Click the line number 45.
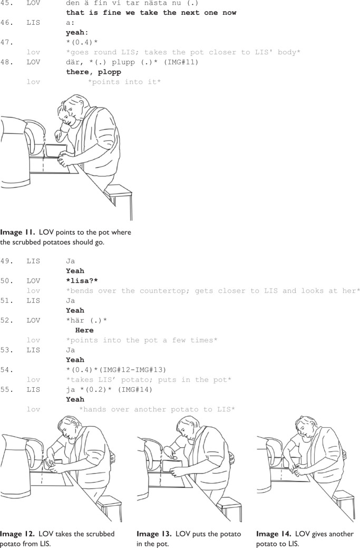coord(6,3)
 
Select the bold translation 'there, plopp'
coord(94,72)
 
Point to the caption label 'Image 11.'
coord(17,233)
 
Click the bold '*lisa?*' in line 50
coord(82,281)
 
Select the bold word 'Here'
coord(84,330)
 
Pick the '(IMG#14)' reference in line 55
coord(135,389)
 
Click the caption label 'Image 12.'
coord(17,534)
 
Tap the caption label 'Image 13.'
coord(154,534)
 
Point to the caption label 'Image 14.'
coord(274,534)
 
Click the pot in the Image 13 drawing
coord(172,468)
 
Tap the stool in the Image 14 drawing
coord(344,503)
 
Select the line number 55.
coord(6,389)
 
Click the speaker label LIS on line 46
coord(33,23)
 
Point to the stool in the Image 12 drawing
coord(109,509)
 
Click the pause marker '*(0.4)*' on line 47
coord(82,42)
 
